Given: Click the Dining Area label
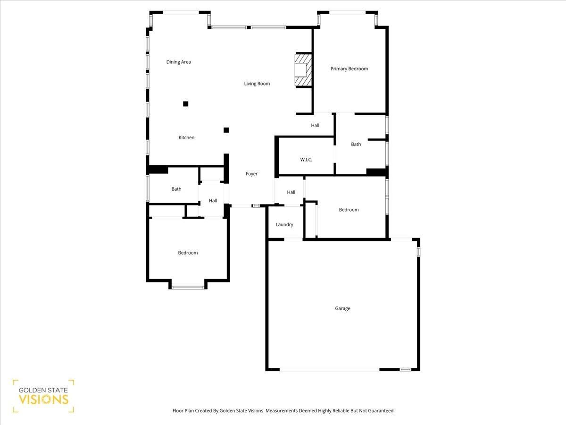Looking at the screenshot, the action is [178, 62].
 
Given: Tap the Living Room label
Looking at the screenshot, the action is [257, 84].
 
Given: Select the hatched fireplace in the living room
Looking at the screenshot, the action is [303, 70].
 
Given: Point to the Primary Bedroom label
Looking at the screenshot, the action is [349, 68].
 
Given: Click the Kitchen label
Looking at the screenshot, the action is [186, 137].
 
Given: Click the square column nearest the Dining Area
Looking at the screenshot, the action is [186, 104].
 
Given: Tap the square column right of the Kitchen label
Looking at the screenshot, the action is [226, 130].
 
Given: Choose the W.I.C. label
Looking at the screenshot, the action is [306, 160].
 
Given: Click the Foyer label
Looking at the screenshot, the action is [251, 174].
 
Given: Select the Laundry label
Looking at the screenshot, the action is [284, 224].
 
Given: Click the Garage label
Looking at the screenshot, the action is [342, 308].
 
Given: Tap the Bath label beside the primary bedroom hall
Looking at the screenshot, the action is [356, 144].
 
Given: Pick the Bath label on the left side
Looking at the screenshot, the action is [176, 189].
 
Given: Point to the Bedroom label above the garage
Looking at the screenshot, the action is [349, 210].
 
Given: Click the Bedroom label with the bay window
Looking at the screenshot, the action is [188, 253].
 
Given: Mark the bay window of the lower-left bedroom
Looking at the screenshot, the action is [188, 287].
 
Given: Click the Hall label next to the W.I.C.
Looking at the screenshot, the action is [315, 126].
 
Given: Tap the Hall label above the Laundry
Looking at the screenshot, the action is [291, 192].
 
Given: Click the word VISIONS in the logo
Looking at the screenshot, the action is [43, 399].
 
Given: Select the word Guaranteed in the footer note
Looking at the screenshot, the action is [381, 410].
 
